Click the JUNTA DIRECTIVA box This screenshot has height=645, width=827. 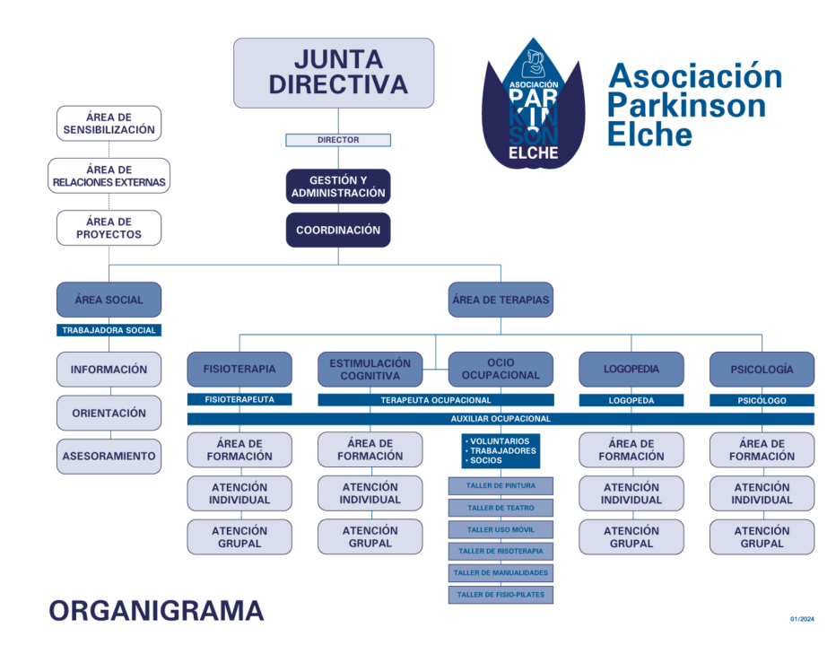point(334,73)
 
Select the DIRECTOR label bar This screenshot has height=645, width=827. point(338,140)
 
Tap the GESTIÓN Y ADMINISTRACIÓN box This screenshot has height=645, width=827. point(338,187)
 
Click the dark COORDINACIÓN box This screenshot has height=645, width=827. point(338,230)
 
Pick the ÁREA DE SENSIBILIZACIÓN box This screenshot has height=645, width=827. point(109,124)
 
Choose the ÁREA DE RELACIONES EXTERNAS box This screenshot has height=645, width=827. point(109,176)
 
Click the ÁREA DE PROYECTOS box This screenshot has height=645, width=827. point(109,228)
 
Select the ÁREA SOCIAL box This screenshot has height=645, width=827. point(109,300)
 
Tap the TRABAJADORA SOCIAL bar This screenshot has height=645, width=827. point(109,330)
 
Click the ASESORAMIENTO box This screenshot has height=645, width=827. point(109,456)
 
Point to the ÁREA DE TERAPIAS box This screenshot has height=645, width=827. point(501,300)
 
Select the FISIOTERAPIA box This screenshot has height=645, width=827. point(239,369)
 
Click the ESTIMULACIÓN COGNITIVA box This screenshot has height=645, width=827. point(370,369)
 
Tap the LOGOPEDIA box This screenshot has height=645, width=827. point(631,369)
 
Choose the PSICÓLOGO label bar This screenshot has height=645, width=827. point(762,400)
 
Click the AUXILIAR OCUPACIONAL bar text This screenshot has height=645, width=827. point(501,419)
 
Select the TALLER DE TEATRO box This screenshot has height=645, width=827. point(501,508)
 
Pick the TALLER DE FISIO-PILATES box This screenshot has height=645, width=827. point(501,594)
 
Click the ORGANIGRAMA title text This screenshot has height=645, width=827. point(156,611)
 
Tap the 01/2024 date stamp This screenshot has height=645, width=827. point(802,619)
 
